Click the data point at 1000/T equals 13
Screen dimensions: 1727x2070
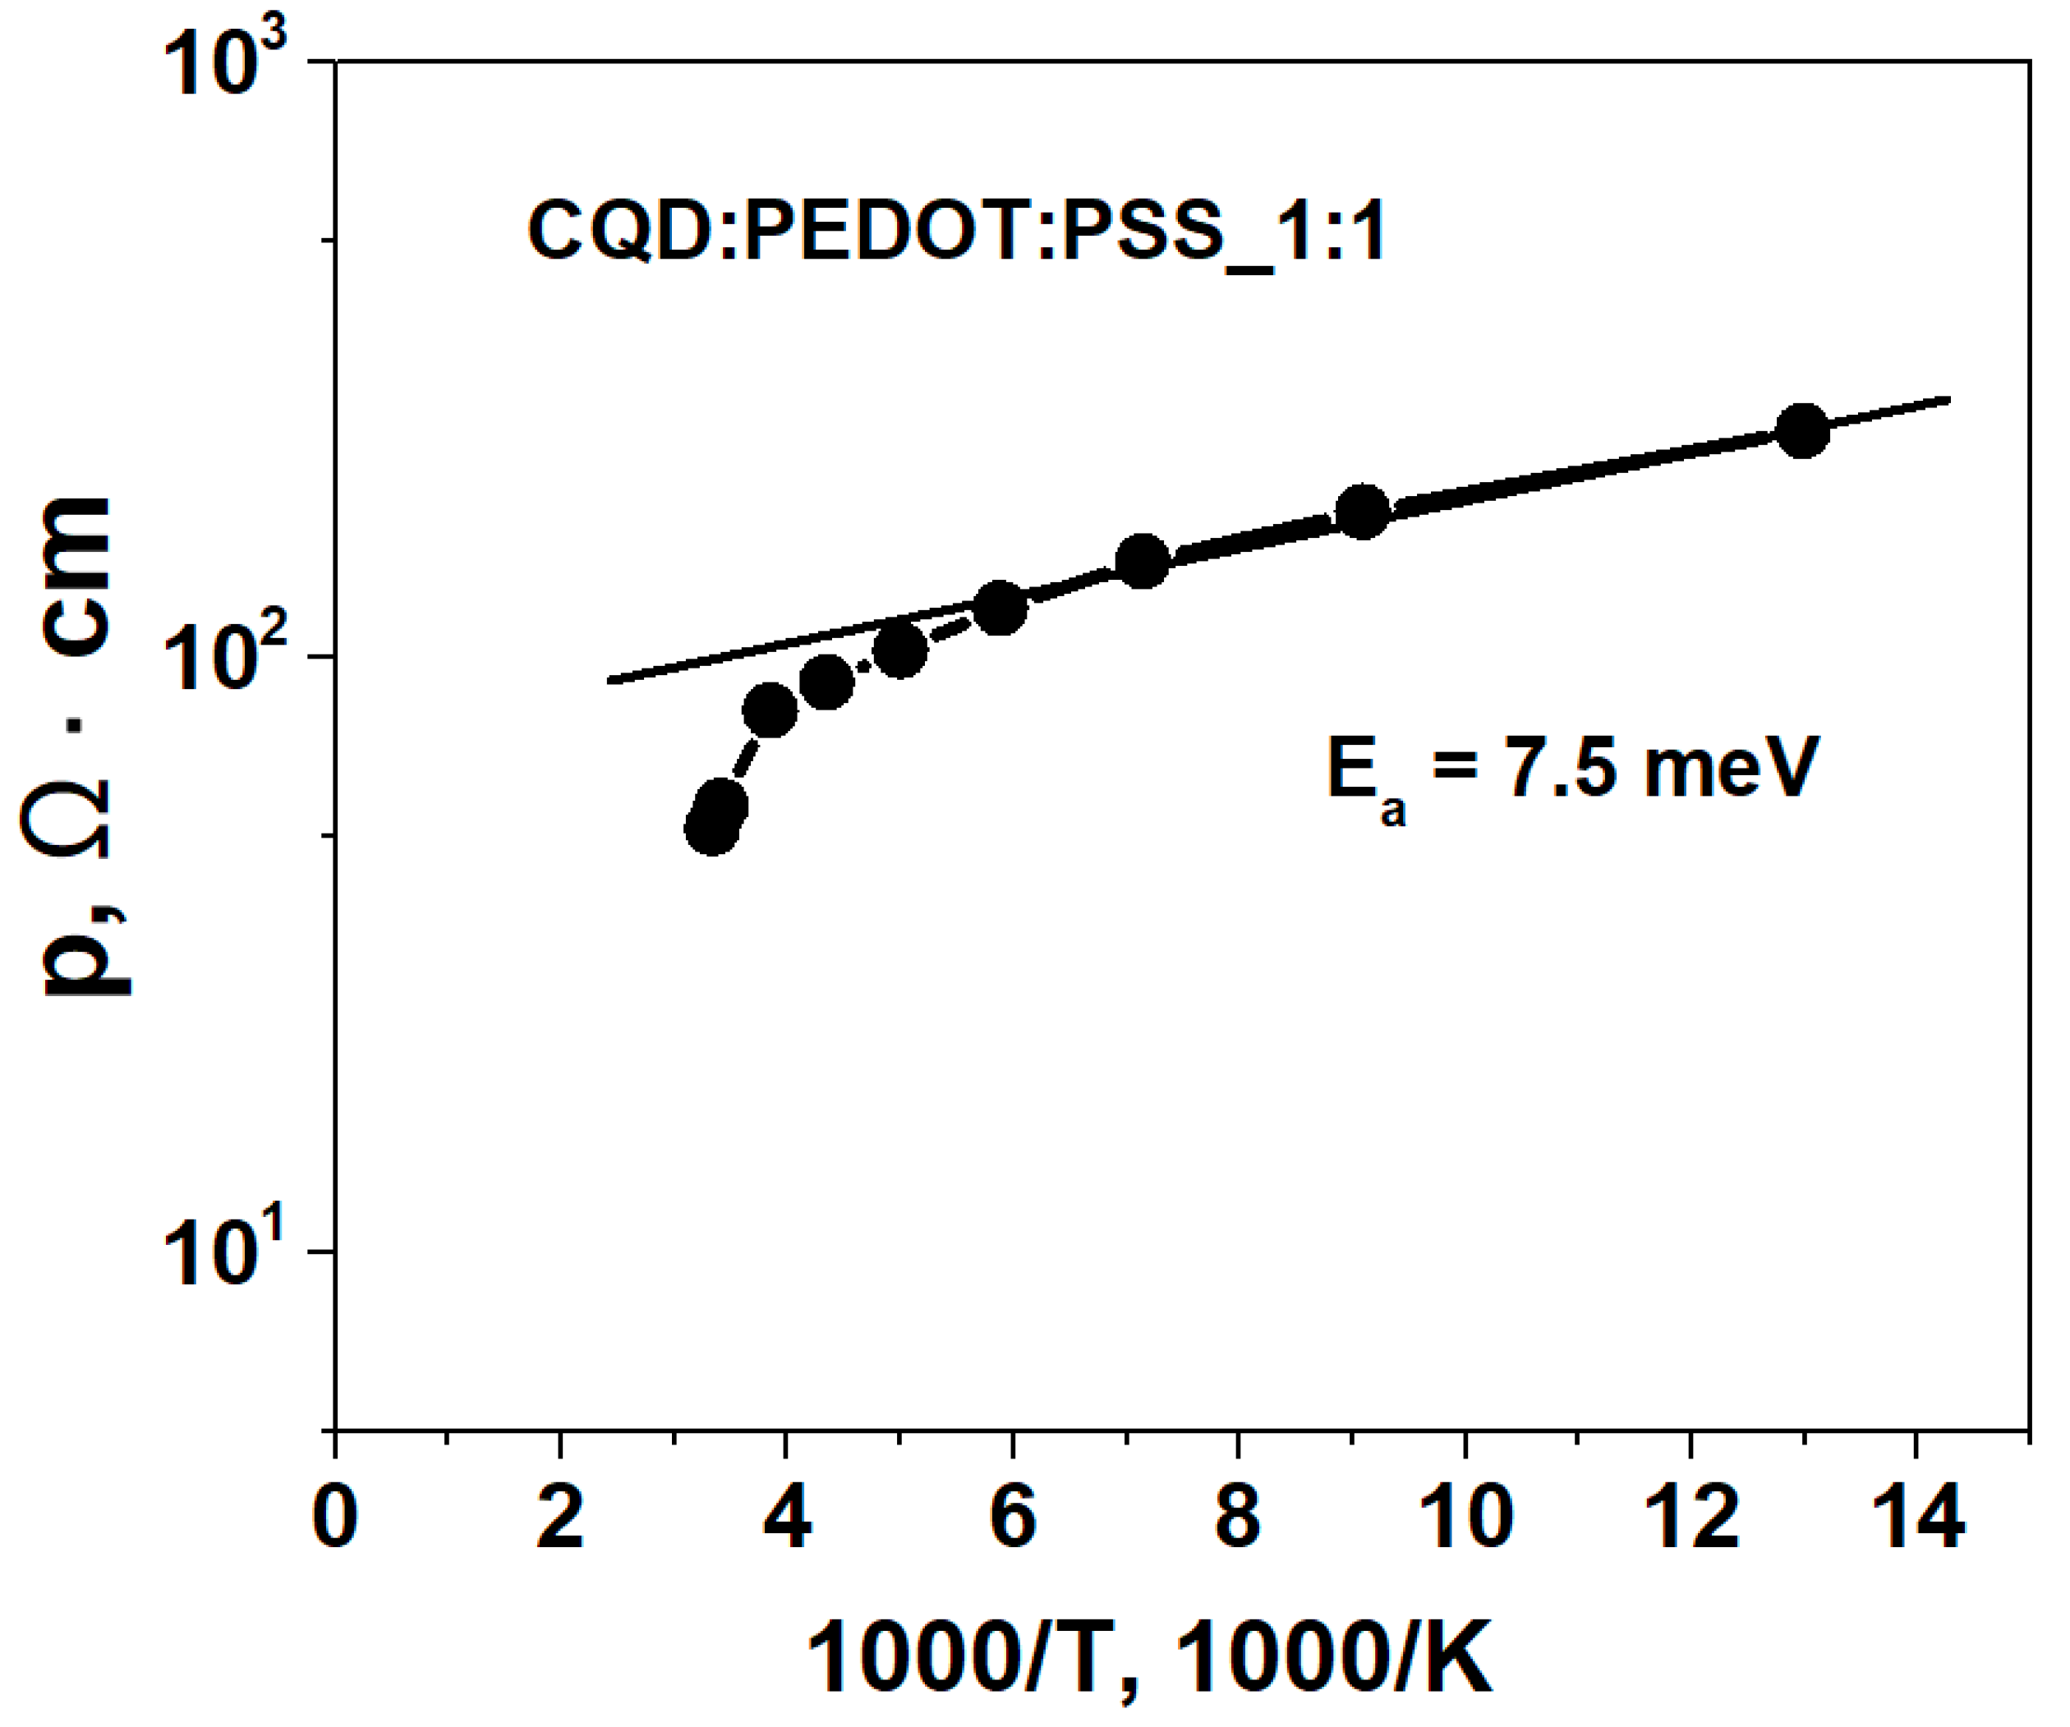(1802, 431)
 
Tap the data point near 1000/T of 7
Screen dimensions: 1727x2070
(1143, 561)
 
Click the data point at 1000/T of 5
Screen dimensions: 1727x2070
(899, 650)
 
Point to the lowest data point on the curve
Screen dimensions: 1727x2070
(711, 828)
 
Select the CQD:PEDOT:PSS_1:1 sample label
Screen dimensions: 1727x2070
(956, 232)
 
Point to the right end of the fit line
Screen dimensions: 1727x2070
(1948, 399)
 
